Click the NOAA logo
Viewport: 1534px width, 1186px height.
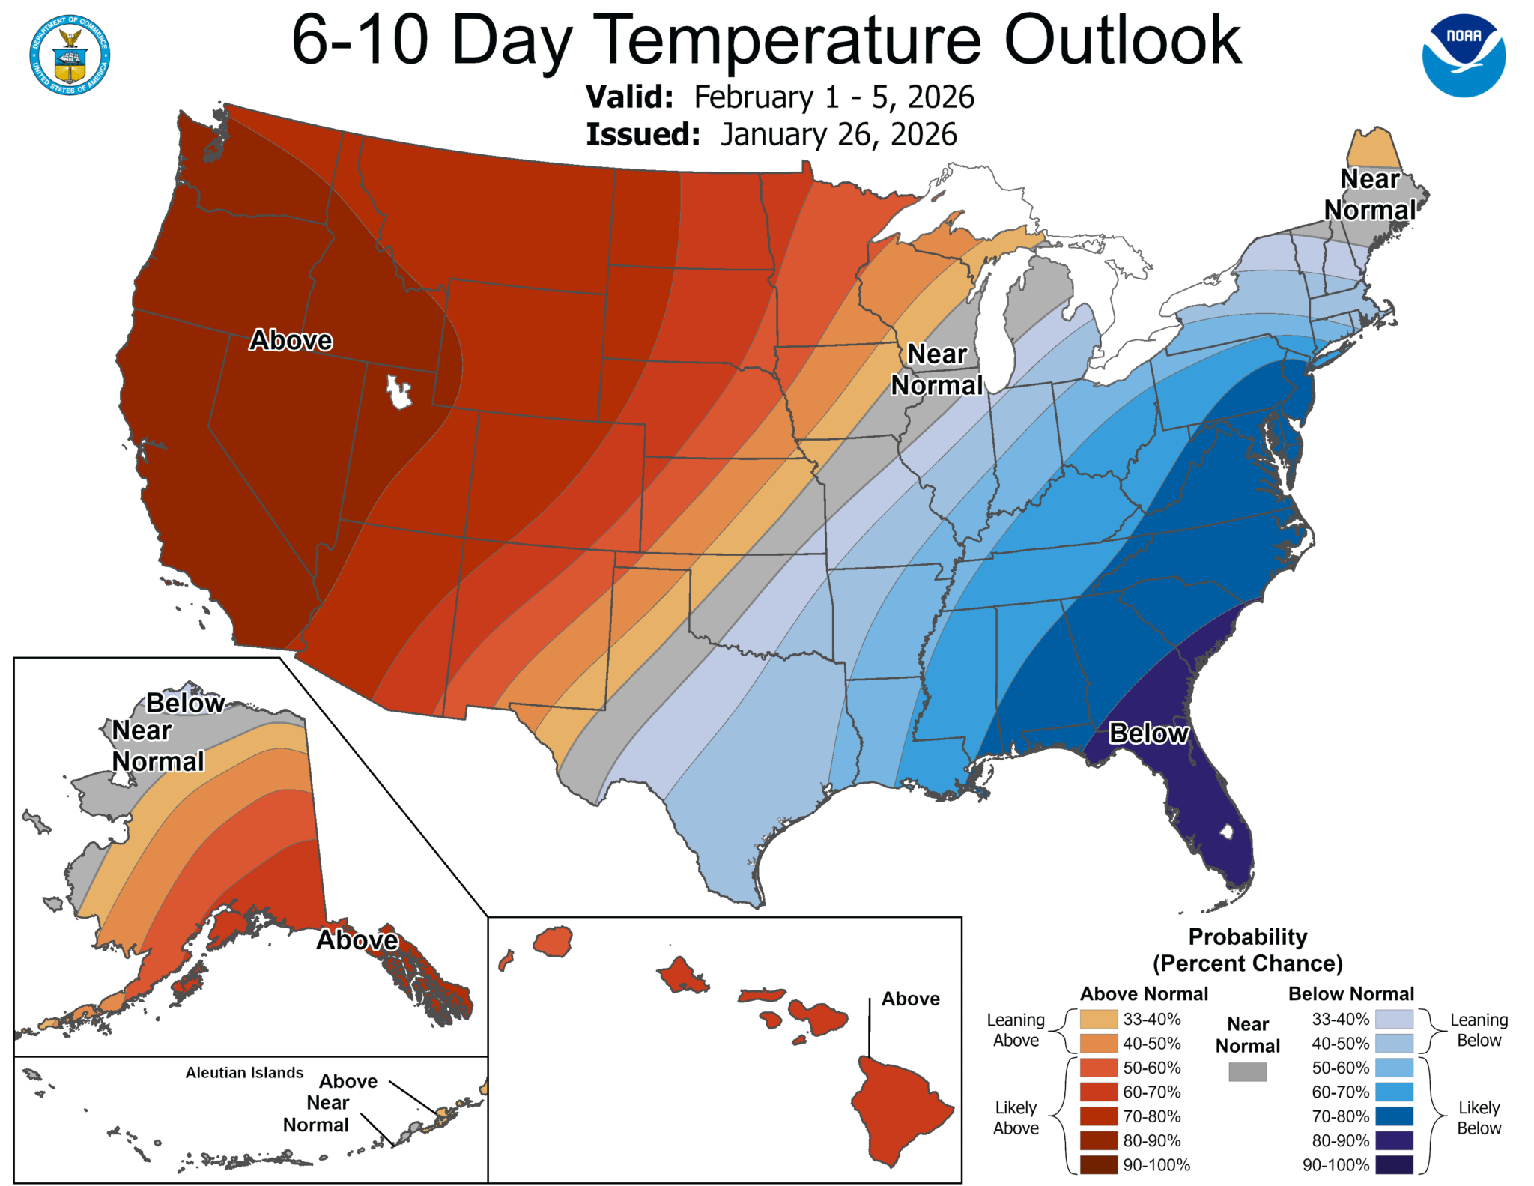click(x=1464, y=55)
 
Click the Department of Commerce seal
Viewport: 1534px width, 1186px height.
click(x=70, y=55)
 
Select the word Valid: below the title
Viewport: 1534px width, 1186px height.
click(x=629, y=97)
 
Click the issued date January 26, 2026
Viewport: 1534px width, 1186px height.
click(x=838, y=135)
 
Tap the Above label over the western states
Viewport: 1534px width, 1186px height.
click(x=291, y=340)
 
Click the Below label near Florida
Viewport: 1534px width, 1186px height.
click(x=1148, y=733)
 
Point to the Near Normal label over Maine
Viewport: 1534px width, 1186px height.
click(x=1370, y=194)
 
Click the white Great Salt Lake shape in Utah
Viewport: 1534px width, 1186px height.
click(x=398, y=392)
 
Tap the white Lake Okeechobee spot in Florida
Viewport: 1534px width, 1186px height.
click(x=1226, y=831)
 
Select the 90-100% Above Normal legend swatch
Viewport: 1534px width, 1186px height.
click(x=1098, y=1164)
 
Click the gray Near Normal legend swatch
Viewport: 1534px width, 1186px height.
click(x=1247, y=1071)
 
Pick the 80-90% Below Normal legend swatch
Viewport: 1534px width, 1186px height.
click(x=1394, y=1140)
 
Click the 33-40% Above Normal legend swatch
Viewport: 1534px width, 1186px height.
click(x=1098, y=1019)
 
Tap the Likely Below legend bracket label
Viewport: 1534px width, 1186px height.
click(x=1478, y=1117)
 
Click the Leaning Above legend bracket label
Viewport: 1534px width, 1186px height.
click(x=1015, y=1029)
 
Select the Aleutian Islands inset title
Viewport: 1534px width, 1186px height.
click(x=244, y=1073)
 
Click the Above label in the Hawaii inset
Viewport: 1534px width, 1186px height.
click(x=910, y=999)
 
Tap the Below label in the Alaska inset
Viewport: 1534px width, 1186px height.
click(x=185, y=703)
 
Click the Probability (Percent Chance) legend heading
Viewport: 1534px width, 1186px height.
click(x=1247, y=949)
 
